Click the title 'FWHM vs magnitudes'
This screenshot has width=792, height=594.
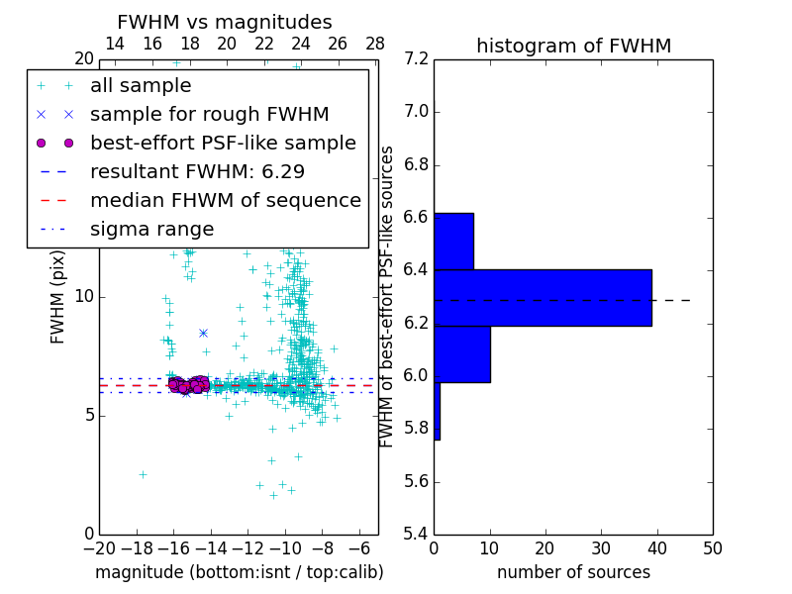pyautogui.click(x=225, y=23)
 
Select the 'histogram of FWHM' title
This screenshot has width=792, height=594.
pyautogui.click(x=573, y=47)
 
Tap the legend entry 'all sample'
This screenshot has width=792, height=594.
pyautogui.click(x=141, y=86)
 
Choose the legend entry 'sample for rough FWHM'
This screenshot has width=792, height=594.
pyautogui.click(x=209, y=114)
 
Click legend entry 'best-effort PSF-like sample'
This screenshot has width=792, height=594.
pyautogui.click(x=223, y=143)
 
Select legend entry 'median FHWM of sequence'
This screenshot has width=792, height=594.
pyautogui.click(x=225, y=200)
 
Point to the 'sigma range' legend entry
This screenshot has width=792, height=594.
pyautogui.click(x=151, y=229)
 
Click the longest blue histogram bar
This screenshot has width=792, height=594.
pyautogui.click(x=543, y=297)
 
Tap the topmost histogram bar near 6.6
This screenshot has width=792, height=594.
pyautogui.click(x=453, y=241)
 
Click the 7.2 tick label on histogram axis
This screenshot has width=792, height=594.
pyautogui.click(x=416, y=59)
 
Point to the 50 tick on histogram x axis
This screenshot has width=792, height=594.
pyautogui.click(x=711, y=547)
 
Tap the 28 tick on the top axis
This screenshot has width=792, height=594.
pyautogui.click(x=375, y=45)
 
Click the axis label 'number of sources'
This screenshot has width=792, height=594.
pyautogui.click(x=573, y=572)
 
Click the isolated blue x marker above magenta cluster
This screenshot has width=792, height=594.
pyautogui.click(x=203, y=333)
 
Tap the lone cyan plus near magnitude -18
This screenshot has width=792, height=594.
pyautogui.click(x=143, y=474)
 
